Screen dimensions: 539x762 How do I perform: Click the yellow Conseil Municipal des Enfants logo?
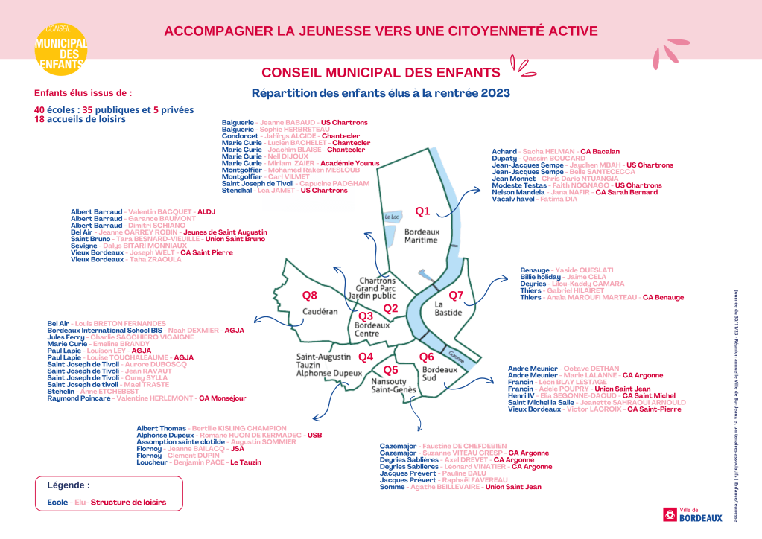61,49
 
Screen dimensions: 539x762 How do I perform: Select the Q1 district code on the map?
423,211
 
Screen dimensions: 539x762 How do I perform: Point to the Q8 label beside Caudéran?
309,295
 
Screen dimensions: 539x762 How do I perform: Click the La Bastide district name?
448,308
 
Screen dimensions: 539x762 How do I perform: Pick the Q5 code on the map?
390,370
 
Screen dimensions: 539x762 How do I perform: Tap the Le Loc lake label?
392,217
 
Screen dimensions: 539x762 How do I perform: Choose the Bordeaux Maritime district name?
421,236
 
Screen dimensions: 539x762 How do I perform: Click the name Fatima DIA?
559,199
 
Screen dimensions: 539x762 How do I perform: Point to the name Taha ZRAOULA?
155,259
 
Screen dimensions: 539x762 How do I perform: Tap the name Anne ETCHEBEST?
109,391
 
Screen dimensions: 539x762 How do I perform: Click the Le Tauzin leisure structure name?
245,462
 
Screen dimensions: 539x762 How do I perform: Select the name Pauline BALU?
464,473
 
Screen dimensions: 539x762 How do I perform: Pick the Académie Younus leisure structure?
350,163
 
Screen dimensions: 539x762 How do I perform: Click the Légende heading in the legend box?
69,485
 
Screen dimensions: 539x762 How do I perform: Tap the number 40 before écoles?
39,109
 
